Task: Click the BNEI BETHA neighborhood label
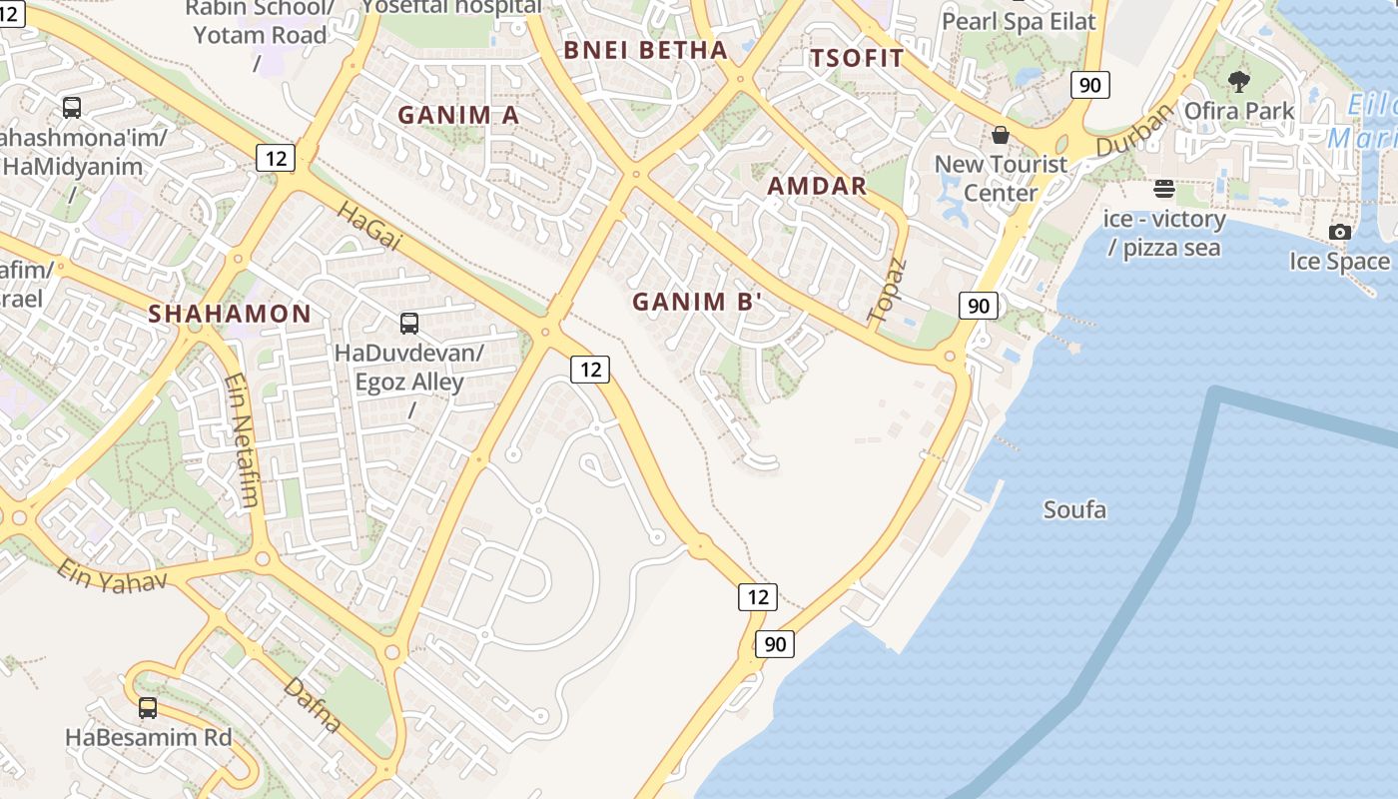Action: tap(645, 50)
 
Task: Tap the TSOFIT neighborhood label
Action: tap(857, 58)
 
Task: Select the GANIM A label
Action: tap(458, 115)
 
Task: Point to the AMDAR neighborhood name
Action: tap(817, 186)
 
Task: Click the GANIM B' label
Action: tap(698, 302)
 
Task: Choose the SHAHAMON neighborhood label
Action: tap(230, 314)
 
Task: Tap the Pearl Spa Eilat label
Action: tap(1019, 21)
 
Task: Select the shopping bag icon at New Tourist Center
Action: tap(1000, 135)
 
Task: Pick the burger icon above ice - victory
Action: tap(1163, 189)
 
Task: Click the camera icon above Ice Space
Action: tap(1340, 233)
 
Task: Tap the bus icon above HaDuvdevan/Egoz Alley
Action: tap(409, 324)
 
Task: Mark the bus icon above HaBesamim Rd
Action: tap(148, 708)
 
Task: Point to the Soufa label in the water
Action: tap(1074, 510)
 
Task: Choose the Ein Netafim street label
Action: tap(242, 439)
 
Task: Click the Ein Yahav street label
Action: tap(110, 574)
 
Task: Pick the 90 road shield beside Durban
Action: tap(1089, 85)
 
